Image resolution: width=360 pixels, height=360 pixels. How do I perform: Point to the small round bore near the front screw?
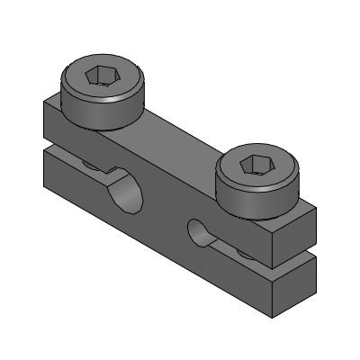coord(199,232)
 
